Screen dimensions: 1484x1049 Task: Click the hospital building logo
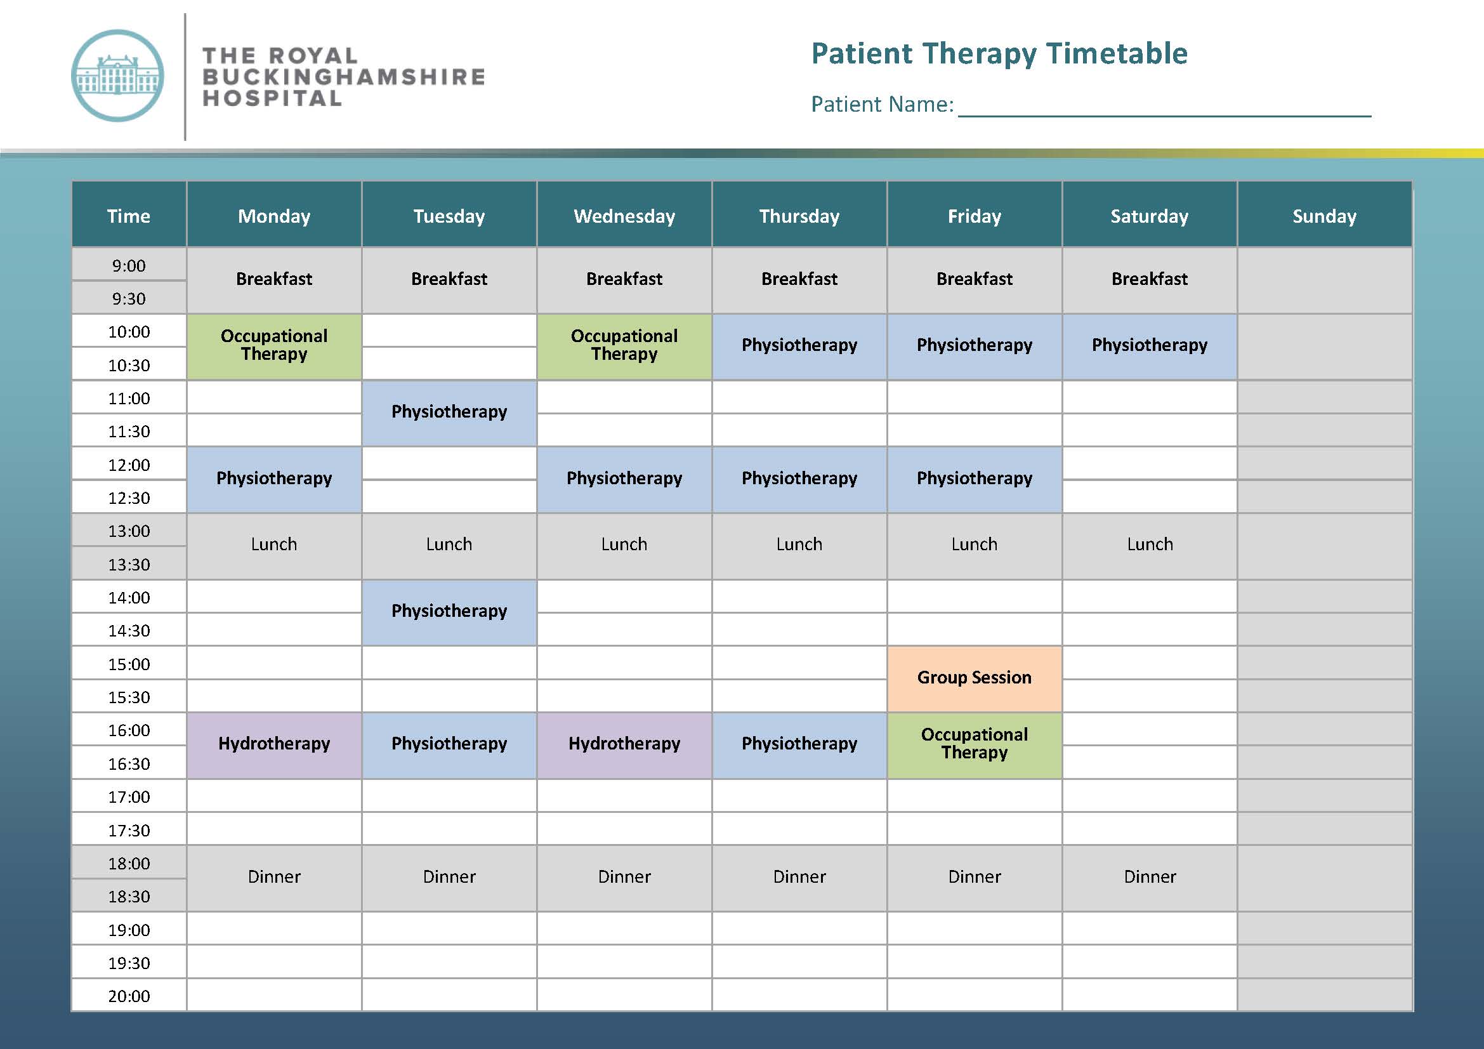tap(117, 76)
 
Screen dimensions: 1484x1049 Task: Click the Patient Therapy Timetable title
tap(999, 54)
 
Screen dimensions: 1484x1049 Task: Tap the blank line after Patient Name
tap(1165, 115)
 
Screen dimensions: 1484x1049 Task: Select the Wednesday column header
tap(624, 215)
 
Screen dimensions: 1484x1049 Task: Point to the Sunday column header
tap(1324, 215)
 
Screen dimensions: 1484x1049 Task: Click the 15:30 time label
tap(129, 697)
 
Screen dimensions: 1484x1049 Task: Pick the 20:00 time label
tap(129, 996)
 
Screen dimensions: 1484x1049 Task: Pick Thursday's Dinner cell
tap(799, 878)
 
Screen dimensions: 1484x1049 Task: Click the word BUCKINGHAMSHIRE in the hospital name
tap(344, 77)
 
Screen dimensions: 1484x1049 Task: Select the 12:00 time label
tap(129, 465)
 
